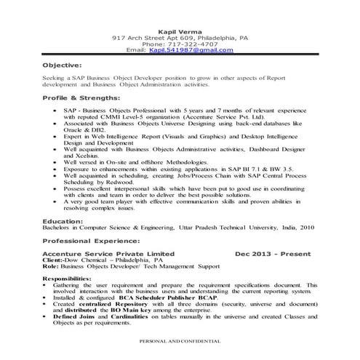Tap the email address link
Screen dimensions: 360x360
pos(194,50)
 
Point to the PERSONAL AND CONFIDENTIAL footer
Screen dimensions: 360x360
pos(180,340)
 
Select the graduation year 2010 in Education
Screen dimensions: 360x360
pos(308,227)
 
